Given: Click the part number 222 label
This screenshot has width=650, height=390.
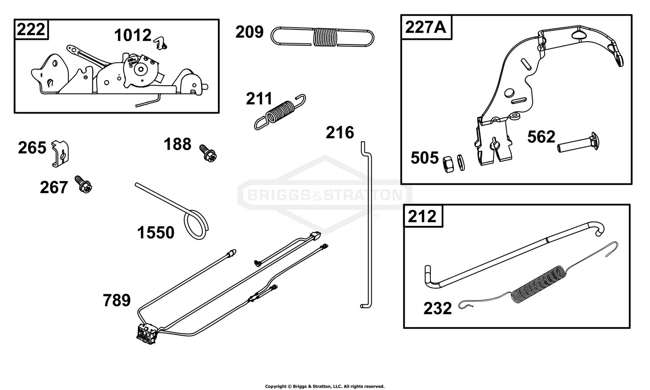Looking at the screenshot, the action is tap(31, 29).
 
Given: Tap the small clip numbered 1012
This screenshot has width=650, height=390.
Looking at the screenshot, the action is tap(160, 43).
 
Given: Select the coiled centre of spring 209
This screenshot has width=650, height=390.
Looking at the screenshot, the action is tap(325, 37).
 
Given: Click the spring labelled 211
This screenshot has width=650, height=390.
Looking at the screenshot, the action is tap(280, 112).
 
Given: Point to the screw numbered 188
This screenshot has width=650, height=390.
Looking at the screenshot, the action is tap(208, 153).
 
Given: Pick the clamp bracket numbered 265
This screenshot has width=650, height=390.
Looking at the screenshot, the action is tap(60, 153).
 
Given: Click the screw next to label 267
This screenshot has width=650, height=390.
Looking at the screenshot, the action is tap(83, 184).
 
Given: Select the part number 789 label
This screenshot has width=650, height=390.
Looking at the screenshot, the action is tap(117, 300).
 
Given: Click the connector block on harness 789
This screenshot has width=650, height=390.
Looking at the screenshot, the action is tap(147, 334).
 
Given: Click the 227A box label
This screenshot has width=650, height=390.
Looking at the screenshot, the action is tap(426, 27).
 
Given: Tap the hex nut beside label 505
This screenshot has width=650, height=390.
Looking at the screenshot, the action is tap(448, 164).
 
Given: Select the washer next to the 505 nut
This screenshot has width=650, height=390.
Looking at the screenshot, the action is tap(461, 162).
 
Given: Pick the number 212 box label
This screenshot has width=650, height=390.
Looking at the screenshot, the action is tap(422, 216).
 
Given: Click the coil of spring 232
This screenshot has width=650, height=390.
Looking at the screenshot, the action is tap(538, 284).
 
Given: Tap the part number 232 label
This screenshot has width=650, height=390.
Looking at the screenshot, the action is tap(438, 308).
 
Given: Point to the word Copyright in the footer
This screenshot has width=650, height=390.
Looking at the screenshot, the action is tap(276, 386).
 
